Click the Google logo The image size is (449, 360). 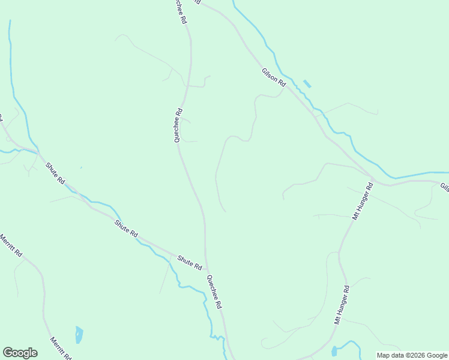tap(20, 353)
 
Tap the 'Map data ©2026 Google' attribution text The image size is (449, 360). tap(412, 355)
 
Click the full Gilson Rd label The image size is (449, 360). tap(273, 79)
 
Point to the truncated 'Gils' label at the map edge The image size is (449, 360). tap(444, 187)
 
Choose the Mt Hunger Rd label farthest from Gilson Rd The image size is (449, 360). tap(342, 305)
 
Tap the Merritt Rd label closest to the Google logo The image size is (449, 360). tap(61, 347)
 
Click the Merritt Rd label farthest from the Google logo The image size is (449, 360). tap(11, 245)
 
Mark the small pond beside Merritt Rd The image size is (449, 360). tap(79, 335)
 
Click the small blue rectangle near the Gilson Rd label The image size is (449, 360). tap(307, 84)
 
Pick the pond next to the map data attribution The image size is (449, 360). tap(334, 351)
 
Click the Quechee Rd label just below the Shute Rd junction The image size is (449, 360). tap(214, 292)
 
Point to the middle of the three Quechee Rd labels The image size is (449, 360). tap(178, 125)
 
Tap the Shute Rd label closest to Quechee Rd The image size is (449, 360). tap(190, 262)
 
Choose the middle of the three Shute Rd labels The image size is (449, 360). tap(127, 228)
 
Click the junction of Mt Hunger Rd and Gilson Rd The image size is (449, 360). tap(373, 181)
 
